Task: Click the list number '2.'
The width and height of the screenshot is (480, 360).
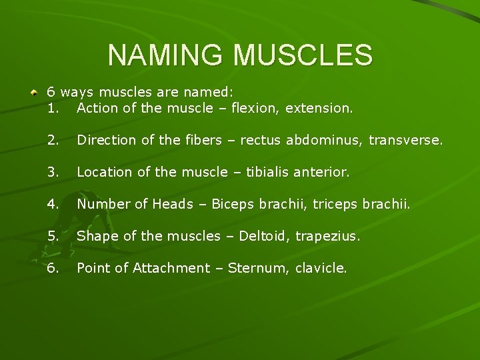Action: click(54, 140)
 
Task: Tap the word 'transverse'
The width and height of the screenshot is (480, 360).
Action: click(406, 140)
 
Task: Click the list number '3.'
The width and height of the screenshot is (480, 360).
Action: click(54, 172)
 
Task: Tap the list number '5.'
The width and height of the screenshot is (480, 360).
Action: click(54, 236)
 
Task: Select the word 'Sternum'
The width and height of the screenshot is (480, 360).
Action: click(253, 268)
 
